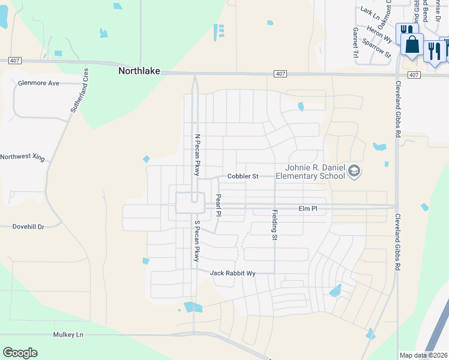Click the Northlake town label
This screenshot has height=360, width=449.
coord(139,71)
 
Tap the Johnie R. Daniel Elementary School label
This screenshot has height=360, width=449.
coord(310,172)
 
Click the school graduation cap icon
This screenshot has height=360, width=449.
coord(354,172)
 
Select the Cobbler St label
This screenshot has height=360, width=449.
coord(243,176)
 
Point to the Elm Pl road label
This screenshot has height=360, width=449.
coord(308,209)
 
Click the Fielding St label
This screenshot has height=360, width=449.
coord(275,225)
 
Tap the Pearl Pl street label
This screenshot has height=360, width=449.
coord(218,205)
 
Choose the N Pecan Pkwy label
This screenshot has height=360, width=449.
coord(196,154)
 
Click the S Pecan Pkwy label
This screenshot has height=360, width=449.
coord(196,241)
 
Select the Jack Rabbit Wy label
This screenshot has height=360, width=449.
coord(232,274)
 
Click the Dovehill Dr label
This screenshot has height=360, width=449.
coord(29,227)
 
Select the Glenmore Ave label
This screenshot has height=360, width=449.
coord(38,83)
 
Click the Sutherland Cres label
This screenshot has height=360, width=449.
coord(78,91)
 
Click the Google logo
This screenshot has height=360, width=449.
coord(20,353)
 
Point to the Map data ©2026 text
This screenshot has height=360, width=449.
coord(423,355)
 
